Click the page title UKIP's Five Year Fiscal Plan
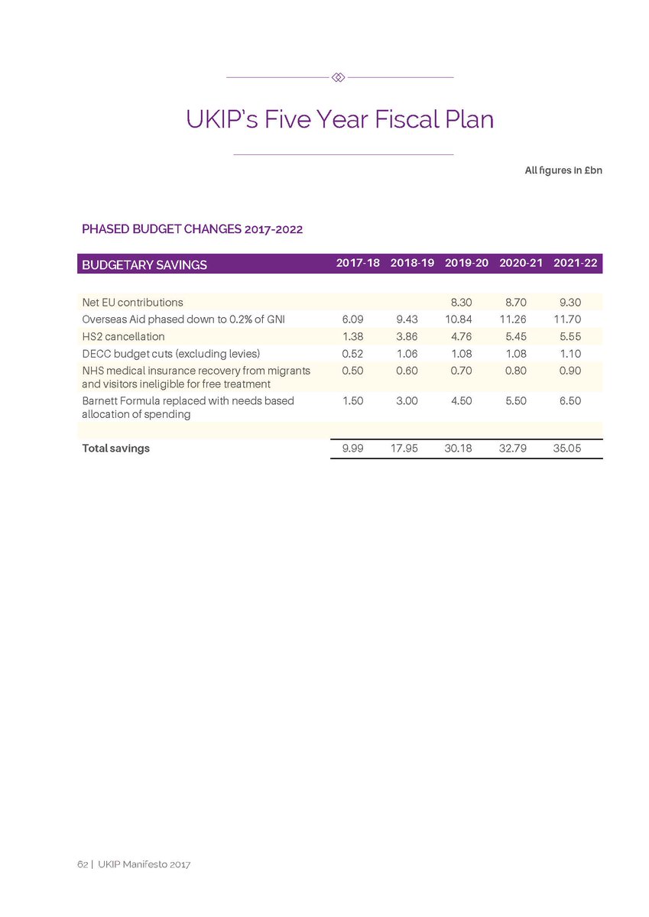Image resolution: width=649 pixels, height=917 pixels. click(x=339, y=120)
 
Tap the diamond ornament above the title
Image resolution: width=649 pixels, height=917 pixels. click(x=339, y=77)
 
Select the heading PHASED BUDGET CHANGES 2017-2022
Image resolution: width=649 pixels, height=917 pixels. click(x=193, y=228)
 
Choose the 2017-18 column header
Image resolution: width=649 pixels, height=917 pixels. click(x=358, y=263)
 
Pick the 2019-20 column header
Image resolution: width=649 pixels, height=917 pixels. click(x=466, y=263)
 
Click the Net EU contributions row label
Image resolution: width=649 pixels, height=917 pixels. click(x=132, y=303)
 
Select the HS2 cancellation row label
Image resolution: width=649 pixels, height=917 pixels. click(x=123, y=336)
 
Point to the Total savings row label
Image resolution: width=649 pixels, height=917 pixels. click(x=115, y=449)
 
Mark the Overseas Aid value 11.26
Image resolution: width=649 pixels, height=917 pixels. click(x=514, y=319)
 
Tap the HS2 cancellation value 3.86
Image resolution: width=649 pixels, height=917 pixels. click(x=404, y=336)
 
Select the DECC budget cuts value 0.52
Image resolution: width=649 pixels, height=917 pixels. click(x=352, y=353)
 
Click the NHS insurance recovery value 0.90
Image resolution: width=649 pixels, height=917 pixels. click(x=569, y=370)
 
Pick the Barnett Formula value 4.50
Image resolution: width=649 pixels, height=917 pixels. click(x=461, y=400)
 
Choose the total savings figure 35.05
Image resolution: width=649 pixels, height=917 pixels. click(x=566, y=449)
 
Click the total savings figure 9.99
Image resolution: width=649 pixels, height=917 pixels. click(x=352, y=449)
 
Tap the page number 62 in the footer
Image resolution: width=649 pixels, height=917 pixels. click(x=81, y=864)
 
